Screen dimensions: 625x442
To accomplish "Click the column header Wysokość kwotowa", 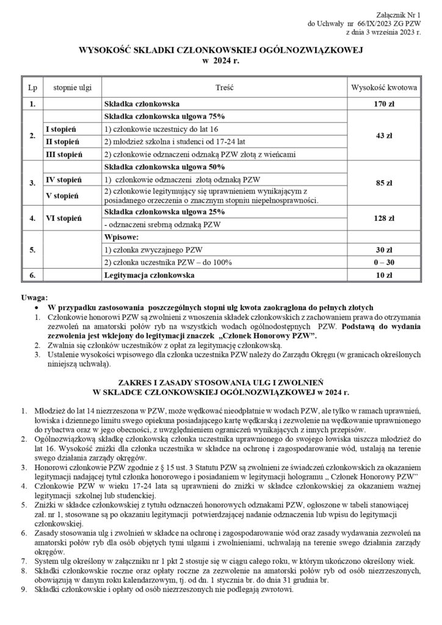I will pyautogui.click(x=383, y=88).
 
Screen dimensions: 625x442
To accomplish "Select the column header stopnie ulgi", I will pyautogui.click(x=68, y=88).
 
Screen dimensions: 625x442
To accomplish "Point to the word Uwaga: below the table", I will pyautogui.click(x=35, y=296).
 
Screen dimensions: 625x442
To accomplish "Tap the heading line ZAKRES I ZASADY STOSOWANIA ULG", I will pyautogui.click(x=220, y=378).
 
